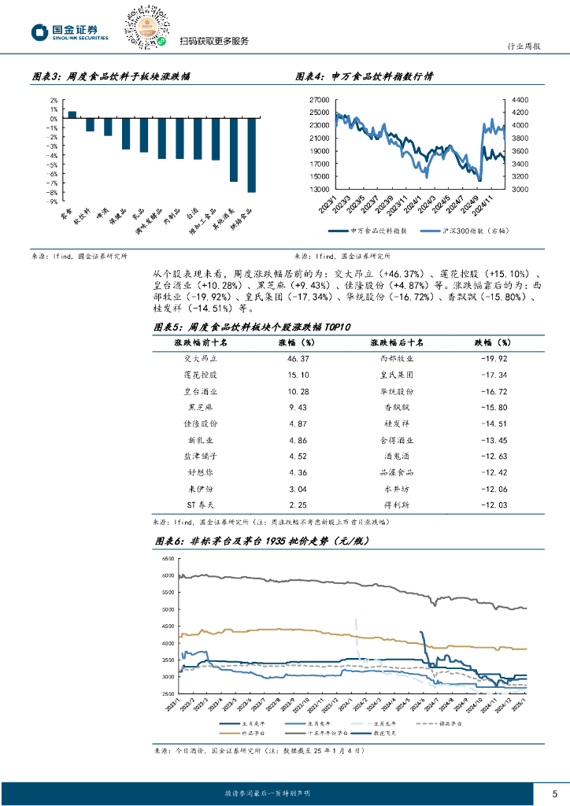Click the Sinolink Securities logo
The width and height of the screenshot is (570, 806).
coord(69,31)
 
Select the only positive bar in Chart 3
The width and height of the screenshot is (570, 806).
coord(72,114)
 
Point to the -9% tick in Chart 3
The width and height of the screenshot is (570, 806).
coord(54,201)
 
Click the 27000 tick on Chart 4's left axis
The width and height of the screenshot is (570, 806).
coord(319,100)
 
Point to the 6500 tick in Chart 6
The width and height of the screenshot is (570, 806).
coord(167,559)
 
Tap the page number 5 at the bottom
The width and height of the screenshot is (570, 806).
coord(554,793)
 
